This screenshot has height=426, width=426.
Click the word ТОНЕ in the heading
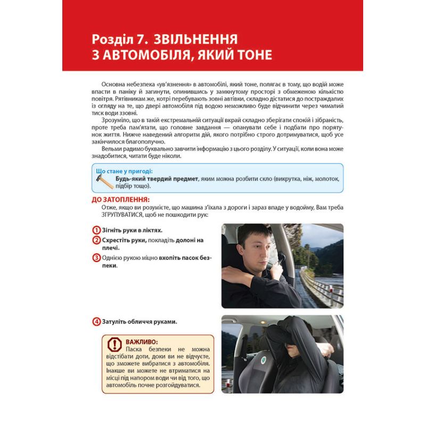(x=248, y=55)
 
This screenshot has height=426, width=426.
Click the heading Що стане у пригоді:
(x=124, y=171)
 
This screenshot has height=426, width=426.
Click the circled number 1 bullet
(x=96, y=230)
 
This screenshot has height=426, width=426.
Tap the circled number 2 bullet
(x=96, y=240)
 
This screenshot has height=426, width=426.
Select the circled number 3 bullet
(x=96, y=258)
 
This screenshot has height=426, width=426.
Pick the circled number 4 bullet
(x=96, y=321)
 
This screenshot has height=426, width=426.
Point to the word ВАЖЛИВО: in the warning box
(x=142, y=341)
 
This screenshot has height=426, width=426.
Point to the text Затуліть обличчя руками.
(x=140, y=321)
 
